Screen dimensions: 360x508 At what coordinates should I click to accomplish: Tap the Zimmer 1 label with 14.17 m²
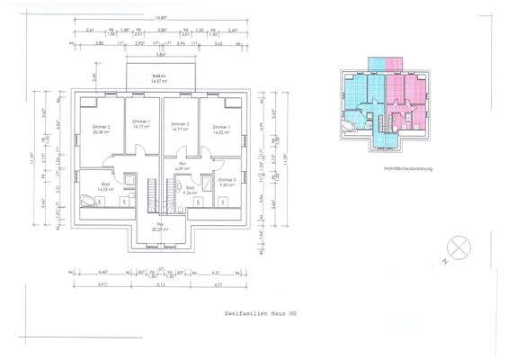tap(141, 124)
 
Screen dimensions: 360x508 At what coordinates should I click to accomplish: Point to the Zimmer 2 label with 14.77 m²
tap(180, 127)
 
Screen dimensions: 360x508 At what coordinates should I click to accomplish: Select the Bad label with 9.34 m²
tap(190, 190)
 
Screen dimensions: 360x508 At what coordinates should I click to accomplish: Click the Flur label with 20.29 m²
tap(161, 227)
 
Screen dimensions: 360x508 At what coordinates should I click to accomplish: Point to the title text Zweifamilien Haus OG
tap(254, 312)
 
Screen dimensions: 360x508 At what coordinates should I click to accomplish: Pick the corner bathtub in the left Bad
tap(87, 201)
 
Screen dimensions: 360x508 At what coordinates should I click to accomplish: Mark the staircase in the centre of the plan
tap(151, 191)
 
